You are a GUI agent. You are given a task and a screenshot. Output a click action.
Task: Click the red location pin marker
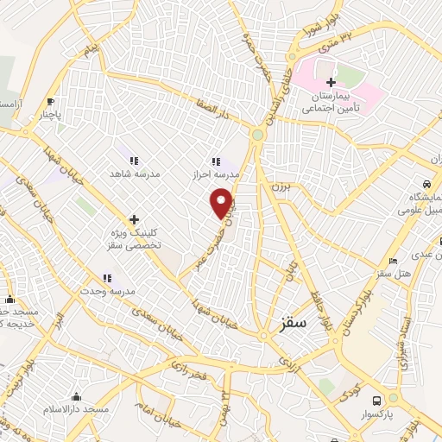(223, 204)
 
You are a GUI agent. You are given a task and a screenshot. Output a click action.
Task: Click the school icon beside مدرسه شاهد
(134, 161)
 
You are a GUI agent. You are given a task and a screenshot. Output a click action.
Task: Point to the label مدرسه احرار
(215, 175)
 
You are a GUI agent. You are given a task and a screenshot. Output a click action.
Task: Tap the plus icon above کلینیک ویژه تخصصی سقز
(134, 219)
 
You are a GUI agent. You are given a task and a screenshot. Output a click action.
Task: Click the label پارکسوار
(378, 415)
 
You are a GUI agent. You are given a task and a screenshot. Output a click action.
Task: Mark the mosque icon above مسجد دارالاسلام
(76, 396)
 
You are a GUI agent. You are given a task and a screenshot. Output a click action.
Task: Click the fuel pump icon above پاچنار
(51, 100)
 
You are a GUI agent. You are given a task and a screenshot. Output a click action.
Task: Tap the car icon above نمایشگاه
(426, 185)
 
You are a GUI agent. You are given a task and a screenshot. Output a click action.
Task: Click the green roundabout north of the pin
(257, 134)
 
